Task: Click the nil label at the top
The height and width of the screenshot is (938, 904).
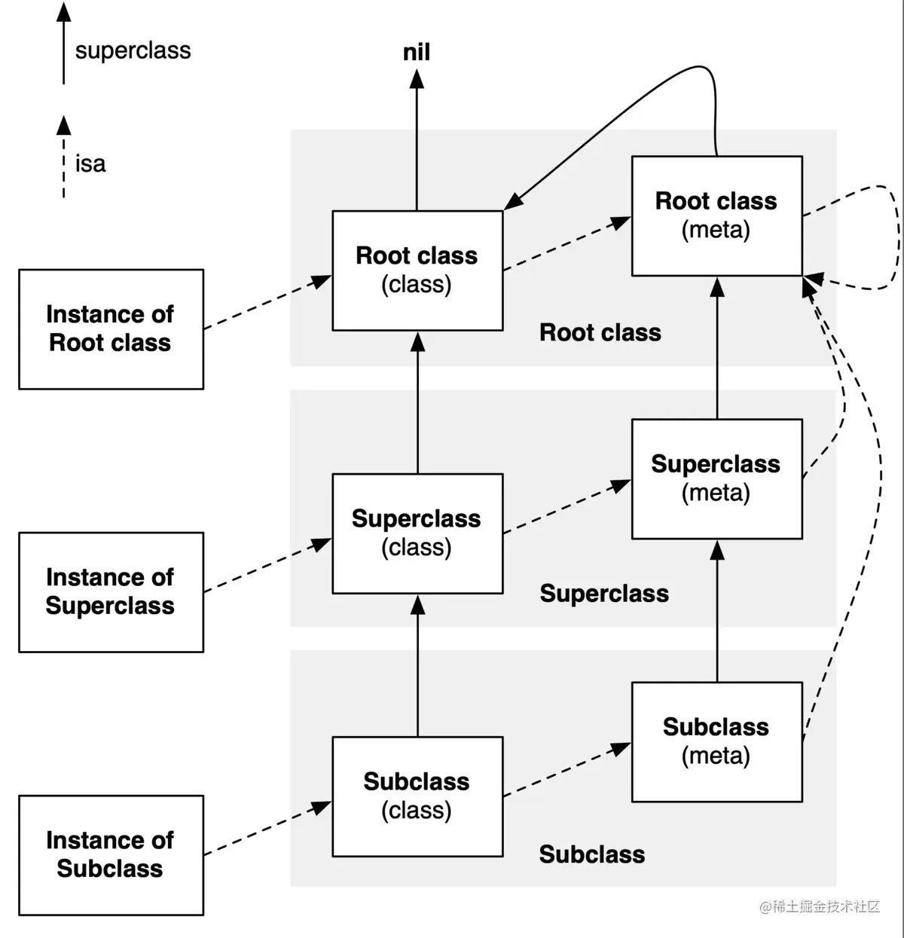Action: click(417, 52)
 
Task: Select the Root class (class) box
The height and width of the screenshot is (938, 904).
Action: click(417, 270)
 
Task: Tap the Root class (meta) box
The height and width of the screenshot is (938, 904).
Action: click(716, 215)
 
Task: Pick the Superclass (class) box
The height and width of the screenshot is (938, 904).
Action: click(417, 533)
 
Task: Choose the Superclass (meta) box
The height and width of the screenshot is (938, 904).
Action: click(716, 478)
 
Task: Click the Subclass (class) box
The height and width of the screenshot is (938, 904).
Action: click(417, 796)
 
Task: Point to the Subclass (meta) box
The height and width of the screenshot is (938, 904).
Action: click(716, 741)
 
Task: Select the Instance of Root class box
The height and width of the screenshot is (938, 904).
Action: click(111, 328)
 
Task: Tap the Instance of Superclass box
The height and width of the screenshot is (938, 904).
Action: click(111, 591)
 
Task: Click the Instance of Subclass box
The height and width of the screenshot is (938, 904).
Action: click(111, 854)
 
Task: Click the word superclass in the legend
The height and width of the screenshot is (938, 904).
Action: click(133, 50)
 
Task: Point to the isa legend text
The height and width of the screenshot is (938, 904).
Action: click(90, 163)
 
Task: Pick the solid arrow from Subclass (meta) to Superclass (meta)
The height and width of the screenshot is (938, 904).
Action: click(717, 610)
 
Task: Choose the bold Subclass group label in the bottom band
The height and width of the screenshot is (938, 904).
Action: click(592, 854)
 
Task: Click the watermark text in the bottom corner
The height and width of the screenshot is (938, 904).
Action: click(820, 906)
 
